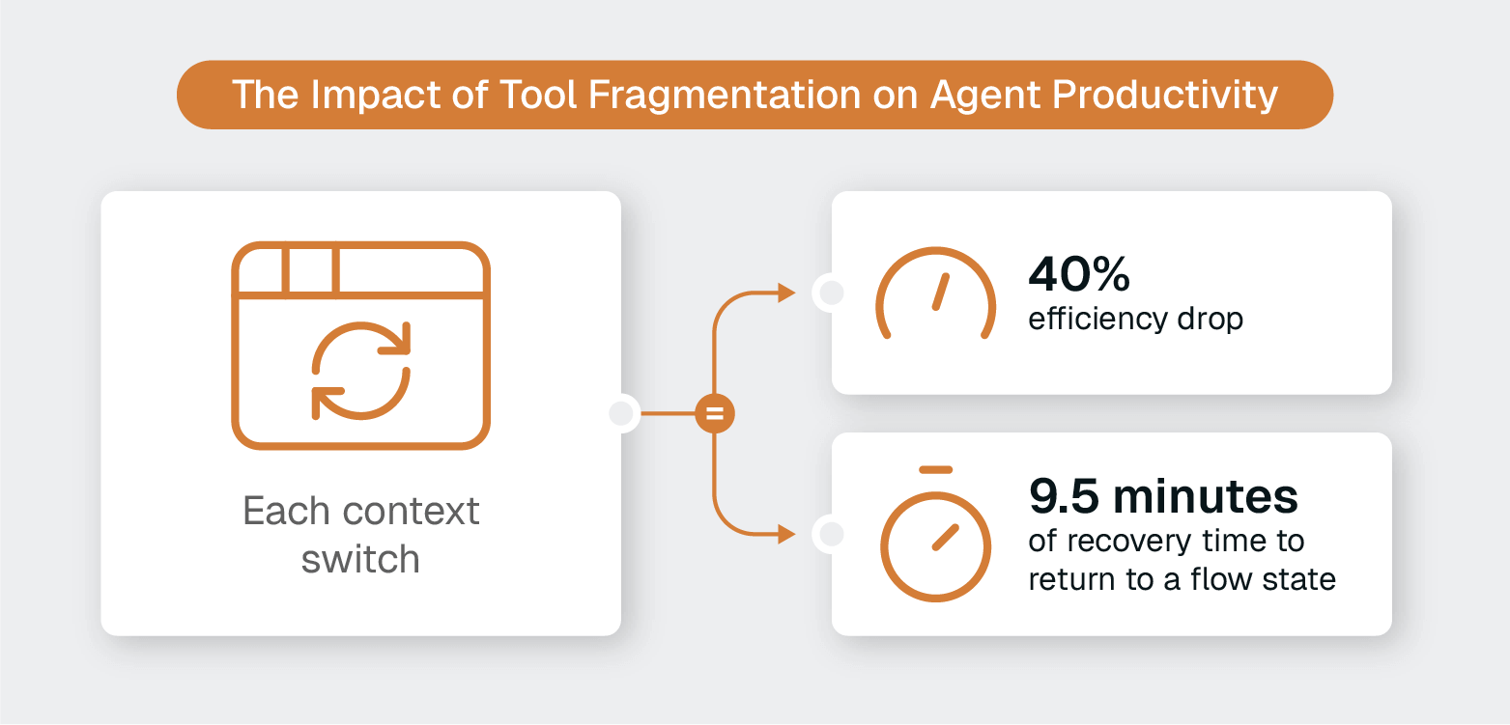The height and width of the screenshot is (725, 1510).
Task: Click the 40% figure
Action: click(1079, 275)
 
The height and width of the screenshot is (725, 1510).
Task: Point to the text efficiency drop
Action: click(1135, 320)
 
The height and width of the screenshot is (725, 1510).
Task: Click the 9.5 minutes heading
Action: click(1163, 496)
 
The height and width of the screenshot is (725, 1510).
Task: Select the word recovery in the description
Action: click(1125, 541)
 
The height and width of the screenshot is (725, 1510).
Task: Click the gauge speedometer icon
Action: click(935, 293)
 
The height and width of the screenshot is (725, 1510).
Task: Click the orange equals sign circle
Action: click(715, 415)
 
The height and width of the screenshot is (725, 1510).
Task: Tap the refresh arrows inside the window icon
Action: click(361, 371)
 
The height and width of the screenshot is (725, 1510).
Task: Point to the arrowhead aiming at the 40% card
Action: click(786, 293)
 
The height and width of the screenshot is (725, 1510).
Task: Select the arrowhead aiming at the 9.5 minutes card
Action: click(786, 533)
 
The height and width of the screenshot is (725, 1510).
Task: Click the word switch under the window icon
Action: click(360, 560)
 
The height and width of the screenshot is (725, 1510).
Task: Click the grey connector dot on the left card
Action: click(621, 414)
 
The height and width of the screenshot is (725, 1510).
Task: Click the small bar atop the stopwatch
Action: click(935, 470)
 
